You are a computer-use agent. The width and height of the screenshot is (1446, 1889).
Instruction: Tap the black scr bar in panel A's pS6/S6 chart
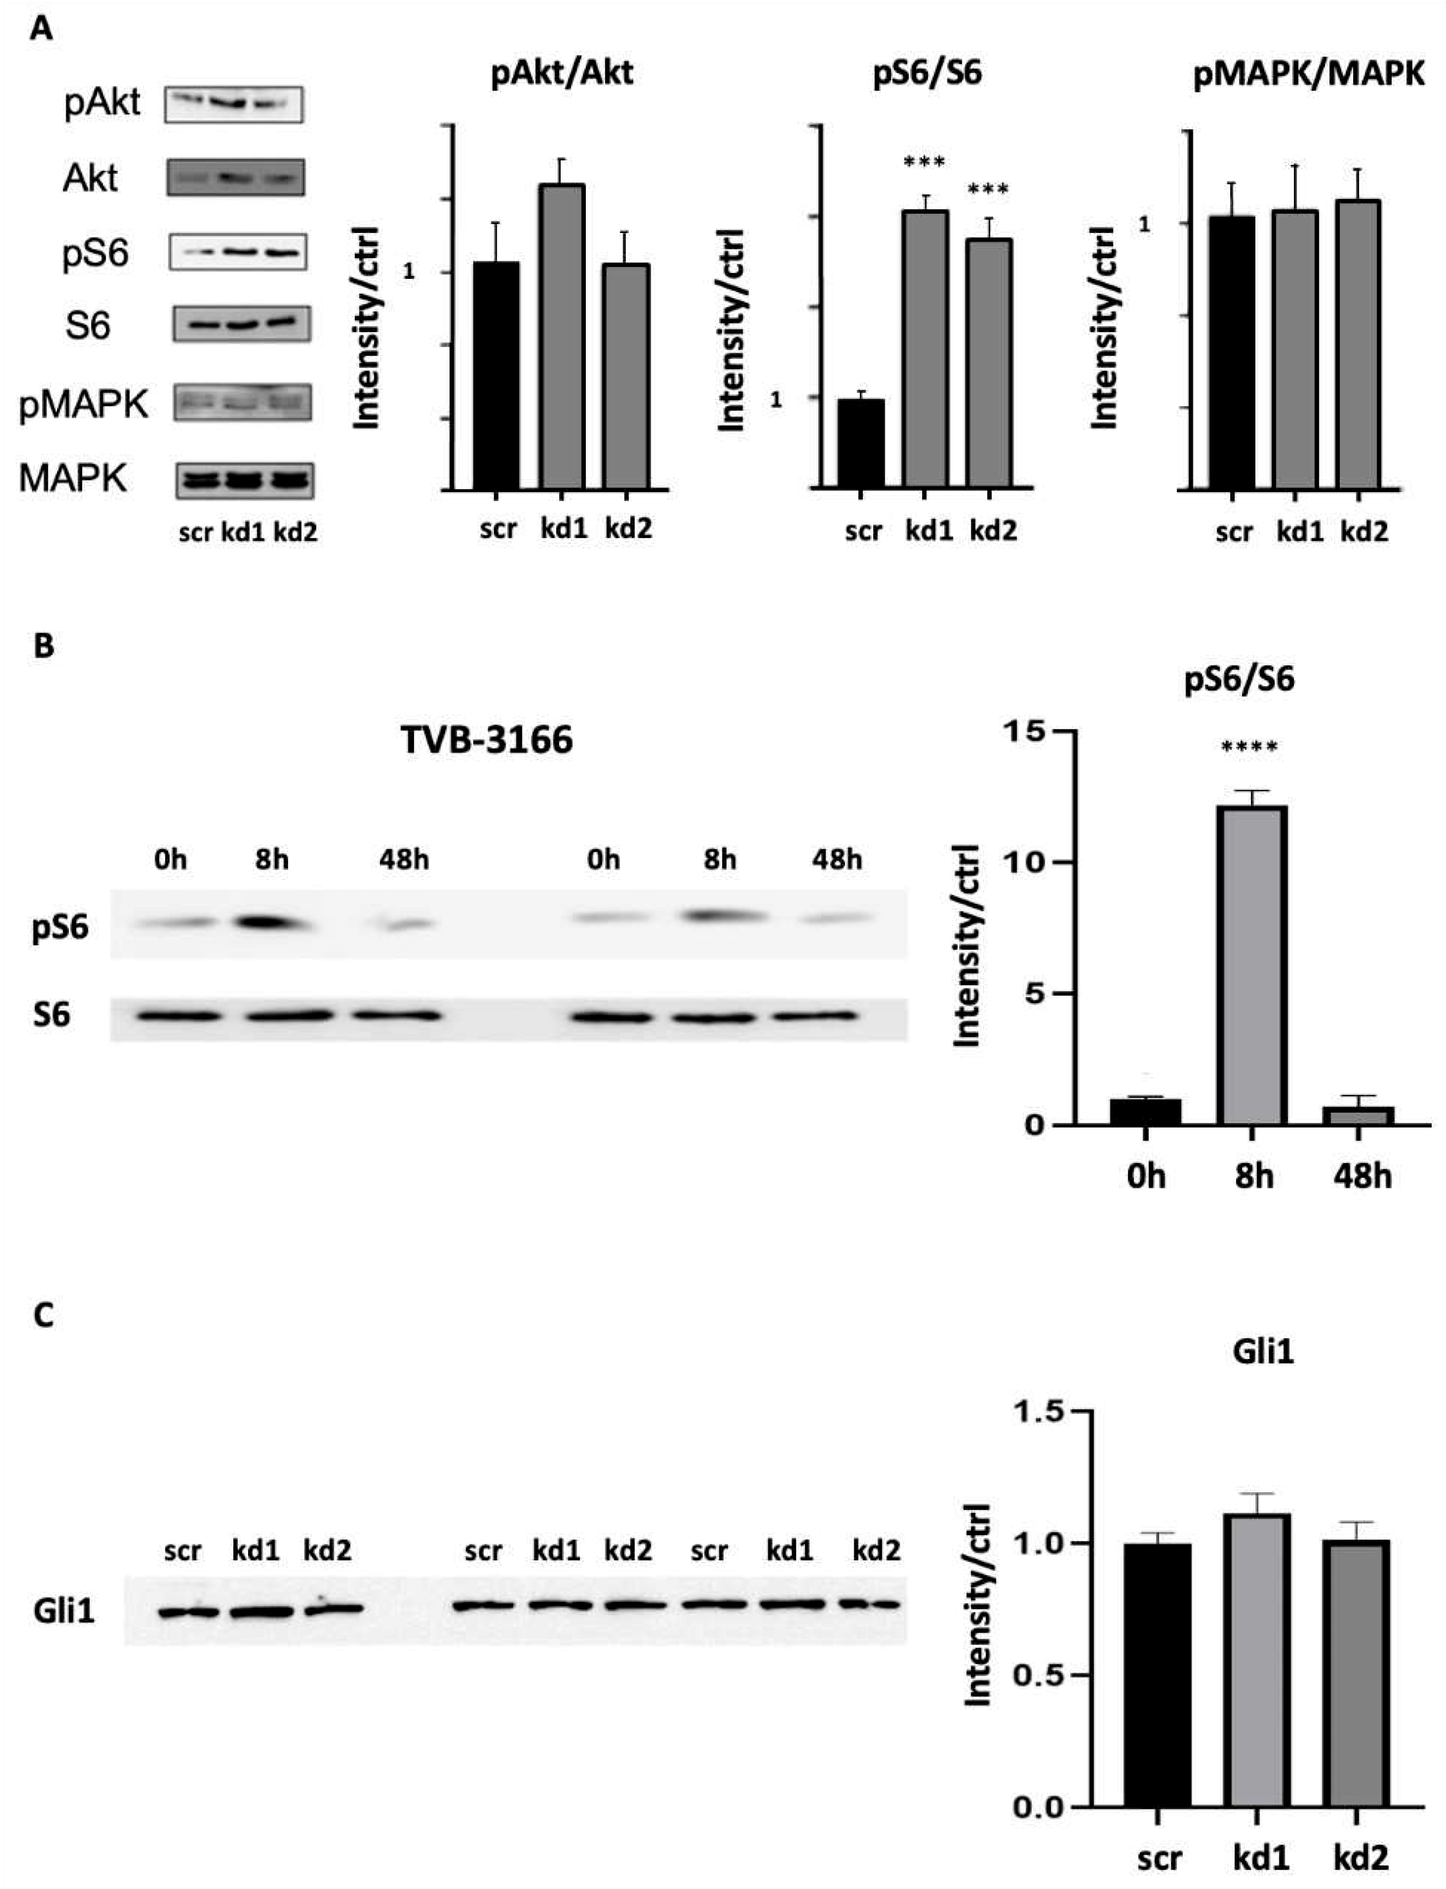pos(861,443)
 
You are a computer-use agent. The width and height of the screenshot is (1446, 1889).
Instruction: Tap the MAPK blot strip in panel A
pos(244,479)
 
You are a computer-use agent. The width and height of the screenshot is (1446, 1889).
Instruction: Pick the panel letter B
pos(43,646)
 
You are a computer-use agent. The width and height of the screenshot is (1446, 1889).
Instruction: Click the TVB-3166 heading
pos(486,739)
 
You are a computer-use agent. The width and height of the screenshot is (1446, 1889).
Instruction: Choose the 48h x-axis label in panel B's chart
pos(1361,1175)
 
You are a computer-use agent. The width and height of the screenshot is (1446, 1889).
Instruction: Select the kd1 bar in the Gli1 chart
pos(1260,1661)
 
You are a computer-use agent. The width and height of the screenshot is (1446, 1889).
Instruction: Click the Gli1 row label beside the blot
pos(64,1610)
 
